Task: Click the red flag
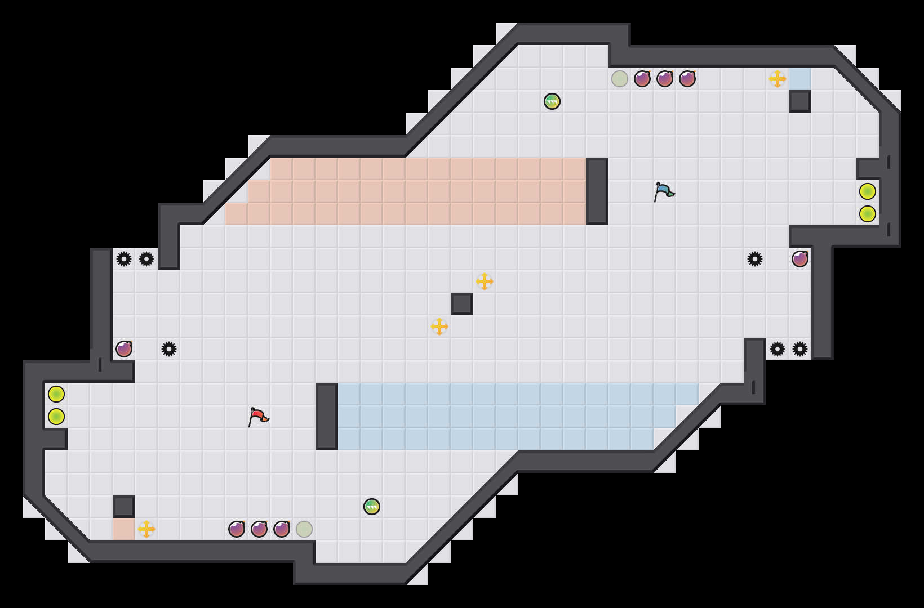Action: [x=258, y=417]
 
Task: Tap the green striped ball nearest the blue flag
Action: [x=552, y=101]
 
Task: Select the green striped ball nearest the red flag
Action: [x=372, y=507]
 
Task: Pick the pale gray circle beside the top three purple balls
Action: [x=620, y=79]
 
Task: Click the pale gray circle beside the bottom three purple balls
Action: [x=304, y=529]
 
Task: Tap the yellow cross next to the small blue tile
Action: [x=778, y=79]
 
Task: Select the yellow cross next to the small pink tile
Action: [x=146, y=529]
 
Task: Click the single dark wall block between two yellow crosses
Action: [x=462, y=304]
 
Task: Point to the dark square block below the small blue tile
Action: [x=800, y=101]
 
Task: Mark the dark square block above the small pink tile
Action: [x=124, y=507]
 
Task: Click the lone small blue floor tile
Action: [x=800, y=79]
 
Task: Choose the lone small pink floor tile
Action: [x=124, y=529]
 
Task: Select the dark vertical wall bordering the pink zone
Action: [x=597, y=191]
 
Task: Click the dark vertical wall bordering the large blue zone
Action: [x=327, y=417]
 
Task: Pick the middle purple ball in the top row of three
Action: [x=665, y=79]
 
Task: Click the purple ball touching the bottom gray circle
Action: [x=282, y=529]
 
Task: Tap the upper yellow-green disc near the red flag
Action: [x=56, y=394]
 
